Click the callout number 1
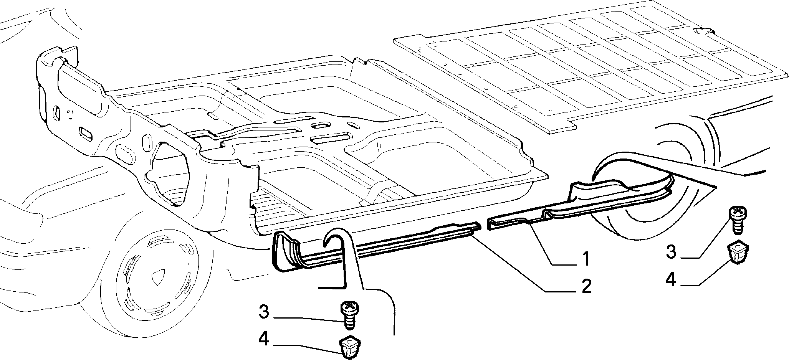pyautogui.click(x=585, y=259)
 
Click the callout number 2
pyautogui.click(x=586, y=287)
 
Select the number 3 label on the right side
pyautogui.click(x=670, y=252)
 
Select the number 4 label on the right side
pyautogui.click(x=671, y=279)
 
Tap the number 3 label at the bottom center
pyautogui.click(x=264, y=312)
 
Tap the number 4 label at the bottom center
pyautogui.click(x=264, y=339)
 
